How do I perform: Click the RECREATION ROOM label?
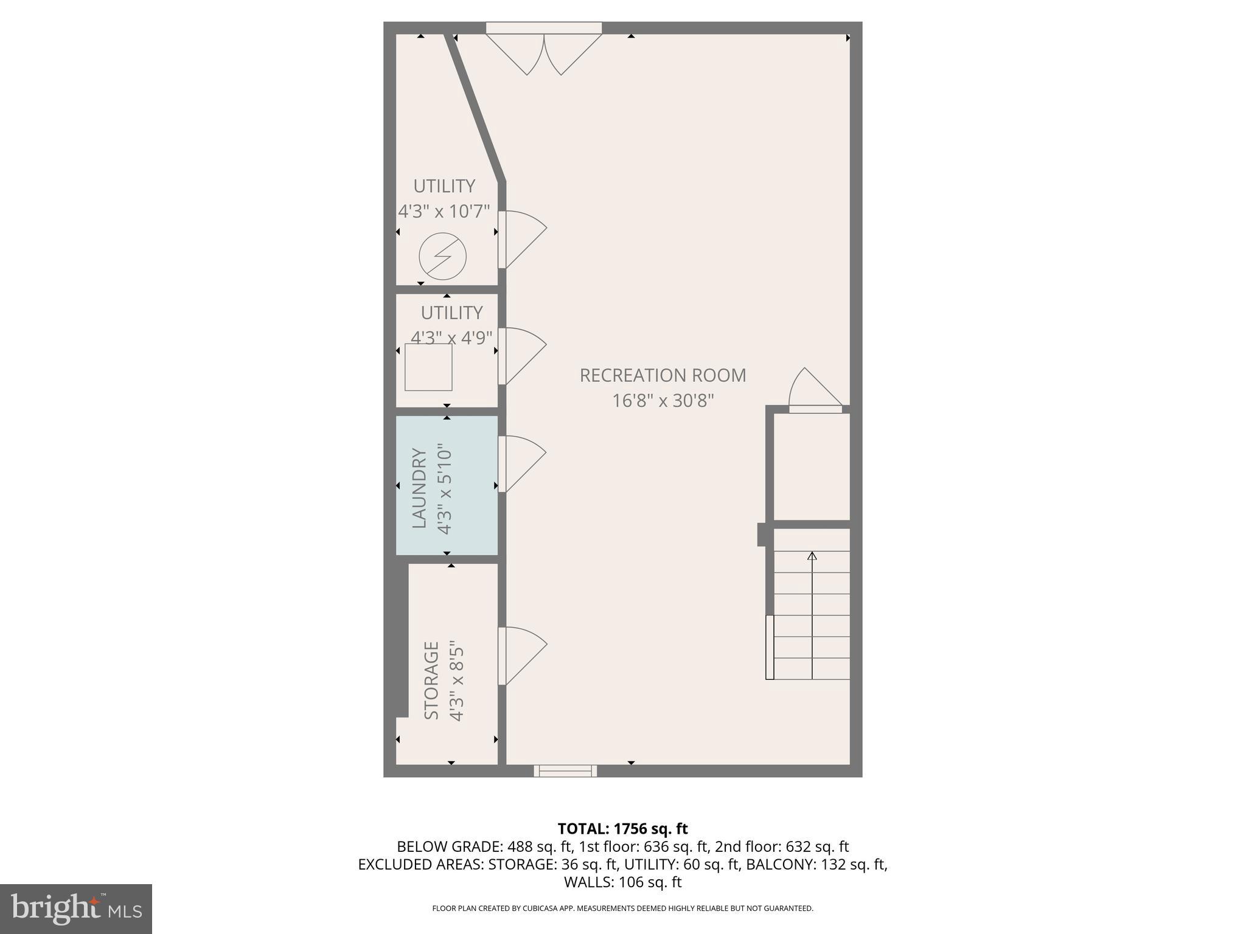pyautogui.click(x=663, y=375)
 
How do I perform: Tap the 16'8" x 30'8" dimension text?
pyautogui.click(x=663, y=401)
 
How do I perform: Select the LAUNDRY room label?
pyautogui.click(x=419, y=488)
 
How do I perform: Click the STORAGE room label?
pyautogui.click(x=431, y=680)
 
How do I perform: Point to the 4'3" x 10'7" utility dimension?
pyautogui.click(x=444, y=212)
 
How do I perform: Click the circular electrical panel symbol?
pyautogui.click(x=443, y=257)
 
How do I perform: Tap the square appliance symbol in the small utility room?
pyautogui.click(x=429, y=367)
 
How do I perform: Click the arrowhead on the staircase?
pyautogui.click(x=812, y=555)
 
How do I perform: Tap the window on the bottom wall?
pyautogui.click(x=565, y=771)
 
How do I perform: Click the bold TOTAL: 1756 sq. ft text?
pyautogui.click(x=622, y=829)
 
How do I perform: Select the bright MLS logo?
pyautogui.click(x=76, y=908)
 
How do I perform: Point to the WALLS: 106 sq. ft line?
pyautogui.click(x=622, y=882)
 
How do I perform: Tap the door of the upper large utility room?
pyautogui.click(x=522, y=238)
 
